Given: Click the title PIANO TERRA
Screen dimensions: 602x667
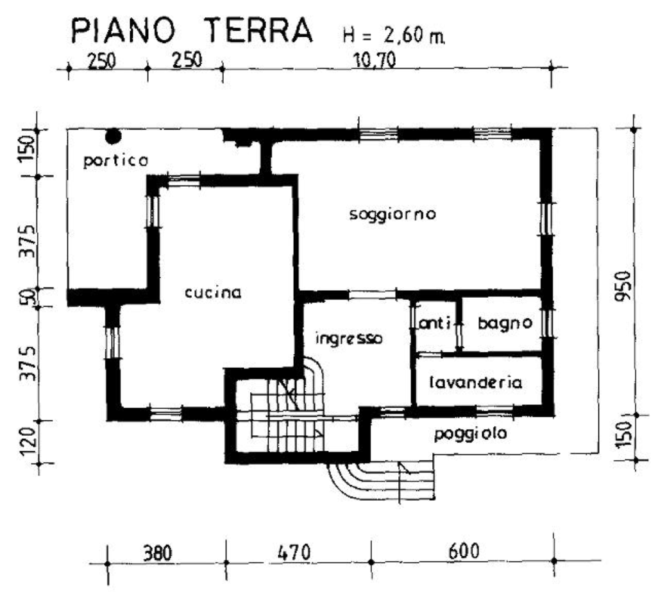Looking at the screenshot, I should click(192, 30).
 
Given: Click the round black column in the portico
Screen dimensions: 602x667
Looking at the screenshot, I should click(114, 135).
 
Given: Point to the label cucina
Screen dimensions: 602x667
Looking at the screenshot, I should click(213, 293).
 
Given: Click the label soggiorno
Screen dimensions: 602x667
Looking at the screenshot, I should click(393, 214).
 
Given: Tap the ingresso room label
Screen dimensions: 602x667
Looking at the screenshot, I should click(349, 338).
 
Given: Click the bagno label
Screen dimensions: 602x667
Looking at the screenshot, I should click(505, 323).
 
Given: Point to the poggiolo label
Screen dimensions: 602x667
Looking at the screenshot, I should click(471, 434).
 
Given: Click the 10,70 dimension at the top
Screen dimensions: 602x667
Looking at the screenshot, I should click(375, 60).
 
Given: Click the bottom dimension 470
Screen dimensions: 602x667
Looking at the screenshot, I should click(294, 552).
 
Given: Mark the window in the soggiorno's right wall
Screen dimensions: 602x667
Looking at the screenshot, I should click(546, 218).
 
